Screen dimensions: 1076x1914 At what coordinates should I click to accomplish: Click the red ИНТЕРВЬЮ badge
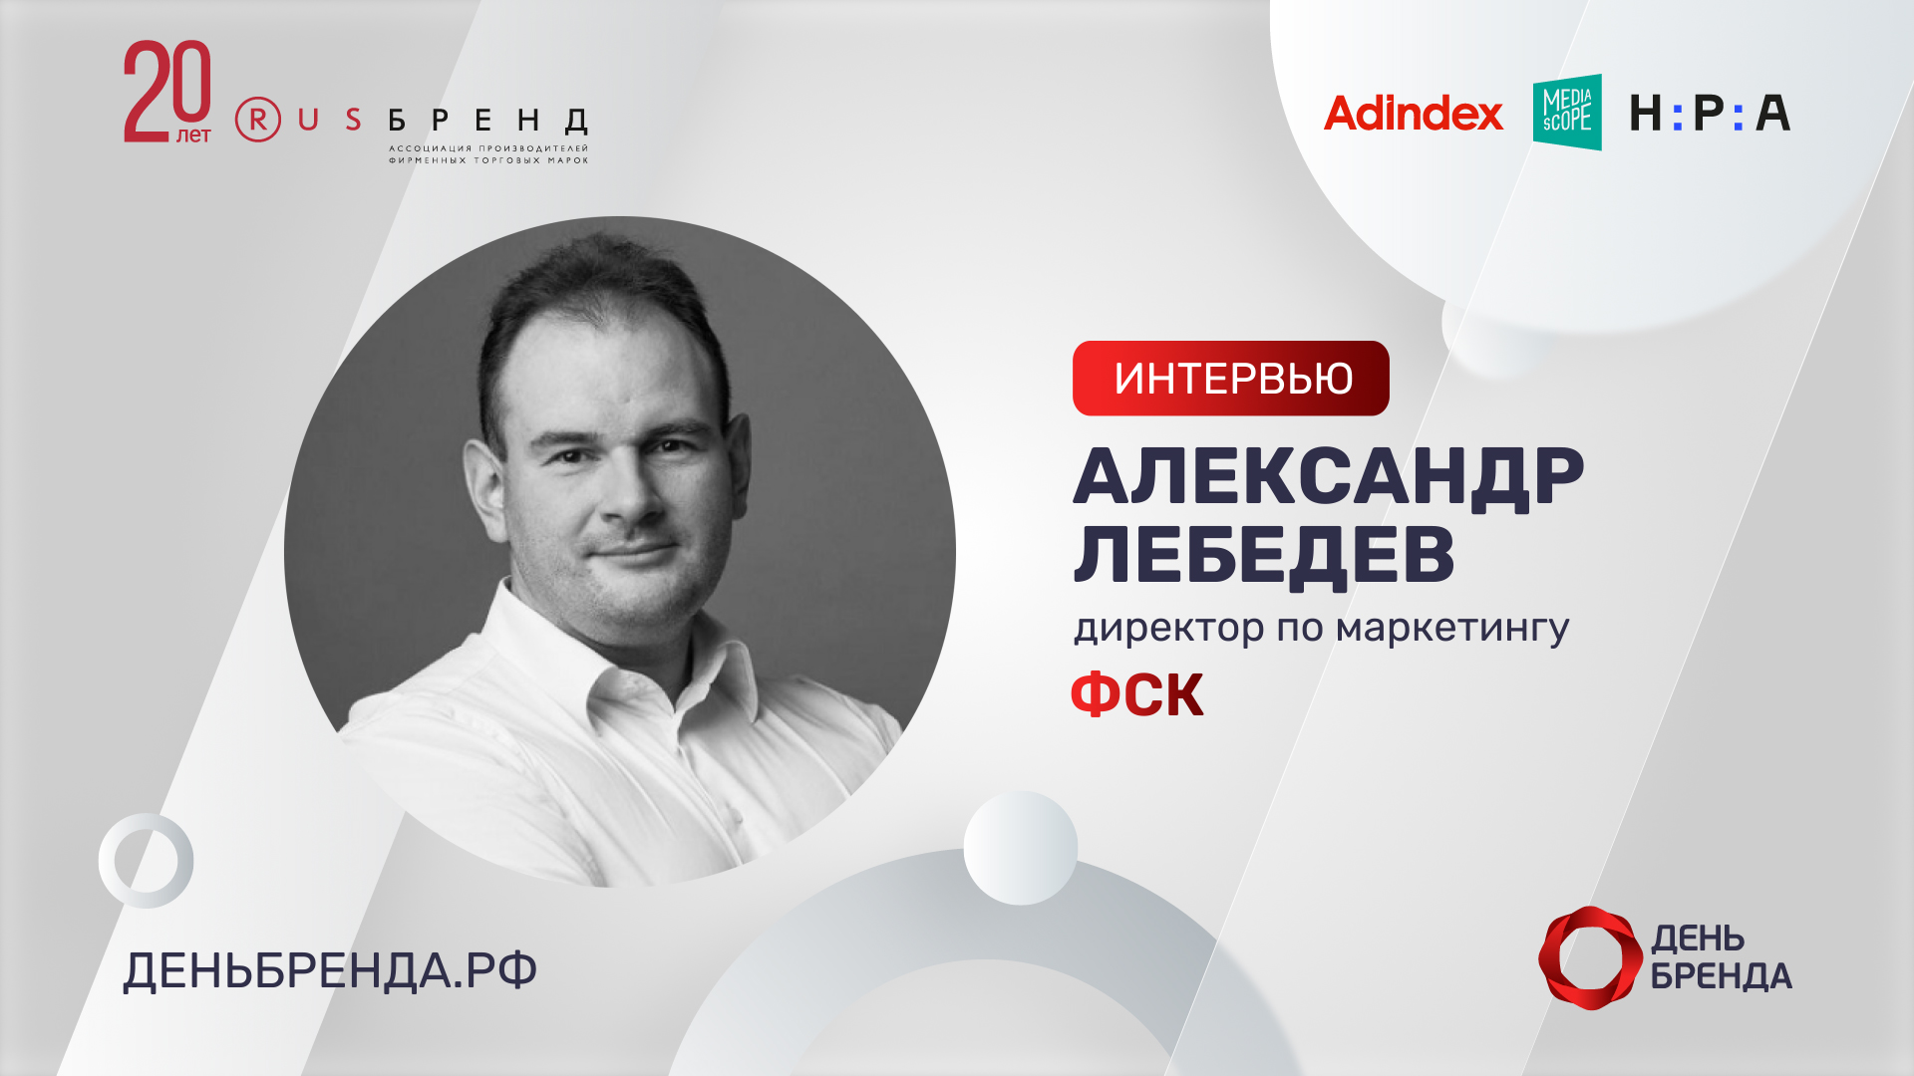pyautogui.click(x=1230, y=379)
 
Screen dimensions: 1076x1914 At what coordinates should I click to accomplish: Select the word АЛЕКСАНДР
pyautogui.click(x=1328, y=477)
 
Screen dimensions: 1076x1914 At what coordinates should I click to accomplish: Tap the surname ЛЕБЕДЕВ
pyautogui.click(x=1264, y=554)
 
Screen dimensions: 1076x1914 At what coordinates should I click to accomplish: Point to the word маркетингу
pyautogui.click(x=1451, y=629)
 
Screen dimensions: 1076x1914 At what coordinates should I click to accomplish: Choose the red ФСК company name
pyautogui.click(x=1137, y=694)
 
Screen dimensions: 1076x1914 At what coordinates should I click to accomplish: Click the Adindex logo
pyautogui.click(x=1413, y=114)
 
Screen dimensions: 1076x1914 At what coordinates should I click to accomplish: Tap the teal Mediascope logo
pyautogui.click(x=1567, y=112)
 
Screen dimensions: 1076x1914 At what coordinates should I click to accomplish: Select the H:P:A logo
pyautogui.click(x=1710, y=114)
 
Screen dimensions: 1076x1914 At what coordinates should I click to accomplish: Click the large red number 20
pyautogui.click(x=167, y=90)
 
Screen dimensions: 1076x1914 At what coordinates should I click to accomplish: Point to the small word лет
pyautogui.click(x=193, y=134)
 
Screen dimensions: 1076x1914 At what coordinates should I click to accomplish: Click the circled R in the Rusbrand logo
pyautogui.click(x=258, y=120)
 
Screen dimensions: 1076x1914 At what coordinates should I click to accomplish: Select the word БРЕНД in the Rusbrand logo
pyautogui.click(x=488, y=122)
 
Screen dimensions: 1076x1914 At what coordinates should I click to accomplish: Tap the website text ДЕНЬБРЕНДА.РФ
pyautogui.click(x=330, y=970)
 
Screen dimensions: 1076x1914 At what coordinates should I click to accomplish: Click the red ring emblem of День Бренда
pyautogui.click(x=1589, y=957)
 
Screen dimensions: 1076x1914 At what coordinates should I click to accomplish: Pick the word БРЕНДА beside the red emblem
pyautogui.click(x=1721, y=976)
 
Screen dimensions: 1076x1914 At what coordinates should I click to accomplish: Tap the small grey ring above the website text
pyautogui.click(x=146, y=861)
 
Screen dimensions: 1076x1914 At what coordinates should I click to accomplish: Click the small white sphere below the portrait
pyautogui.click(x=1020, y=848)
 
